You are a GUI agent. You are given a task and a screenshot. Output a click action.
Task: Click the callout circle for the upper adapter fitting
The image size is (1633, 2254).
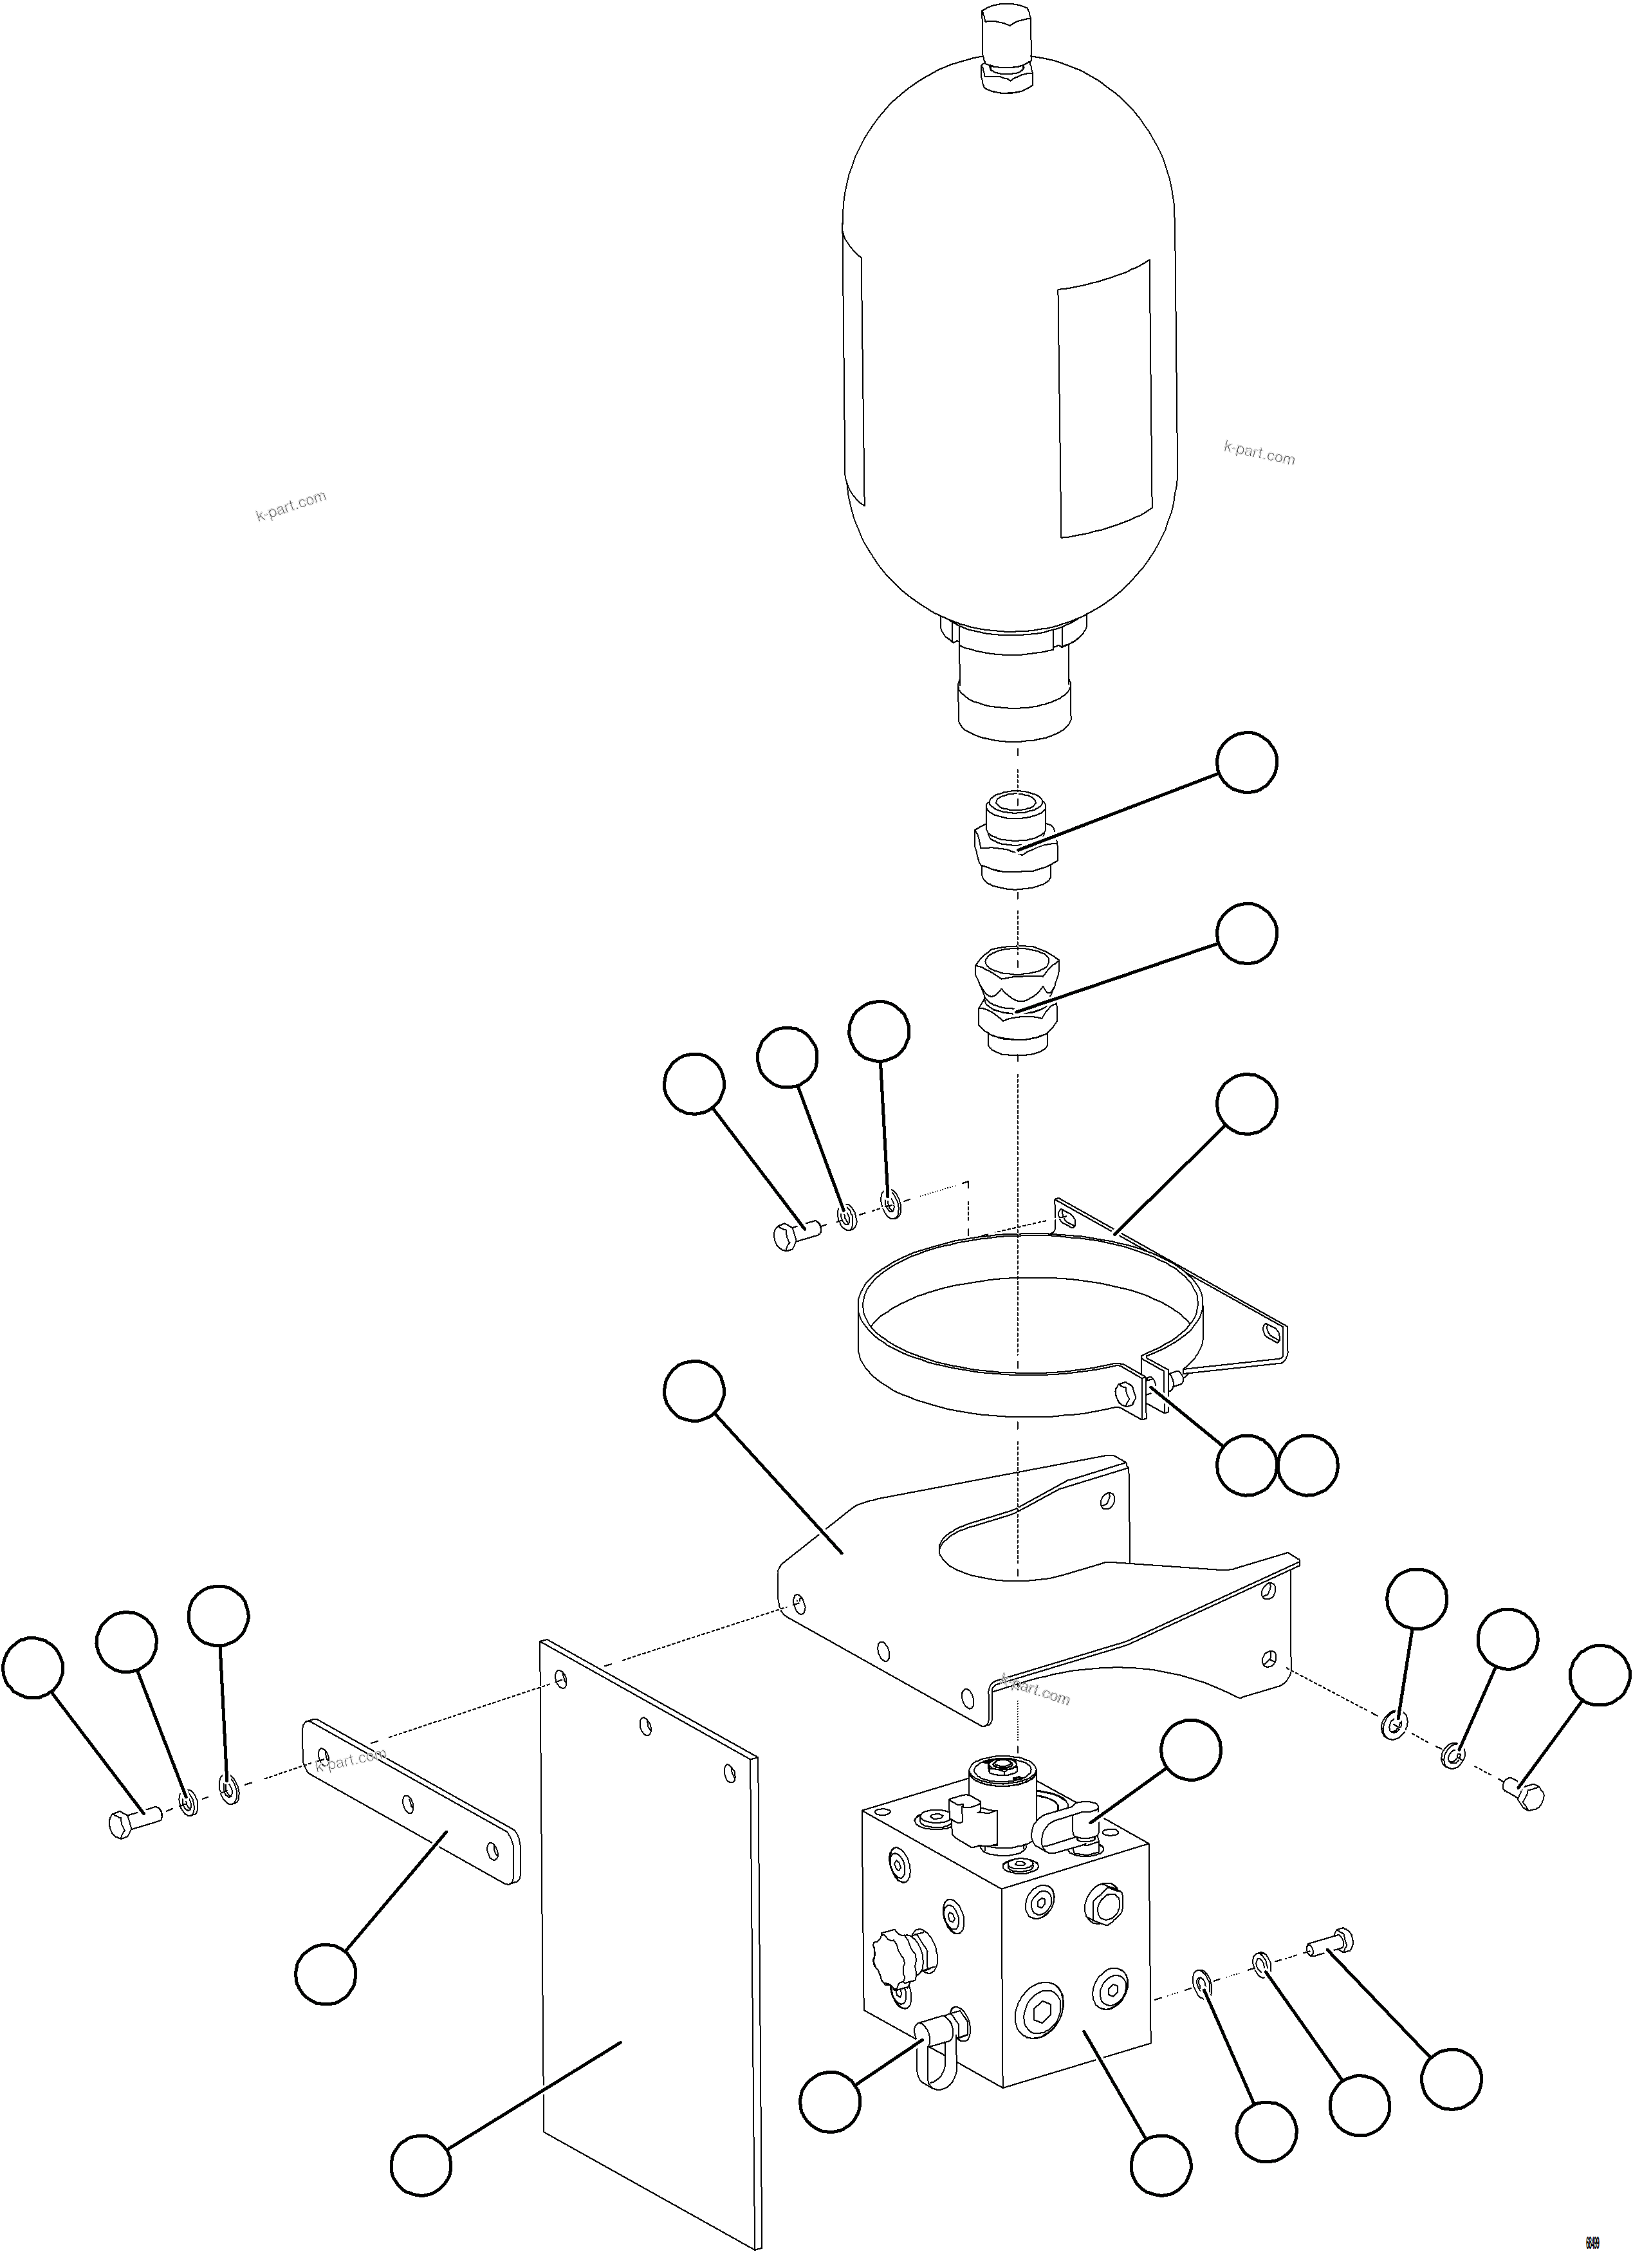tap(1248, 762)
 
